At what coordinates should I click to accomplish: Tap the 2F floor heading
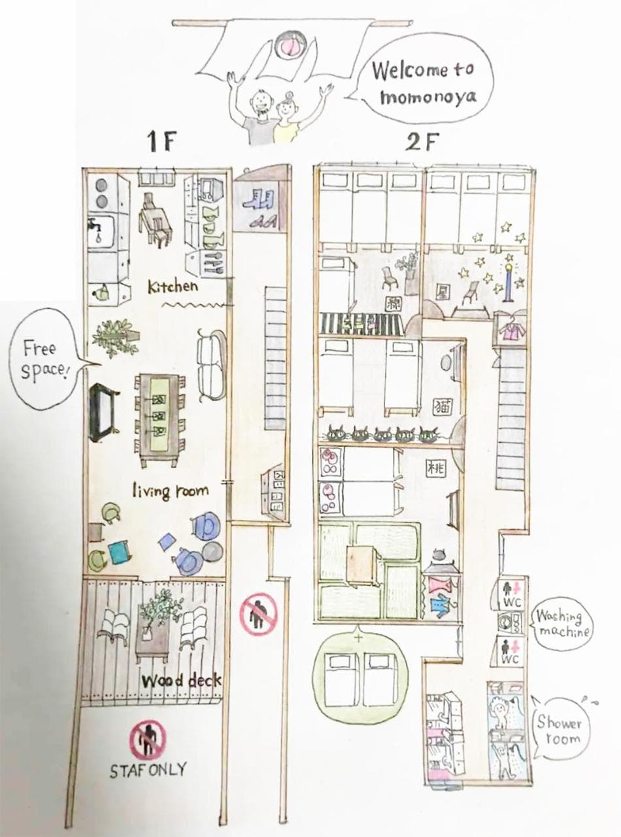(422, 143)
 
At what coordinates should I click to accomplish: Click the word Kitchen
(173, 286)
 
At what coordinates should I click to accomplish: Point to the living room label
(170, 491)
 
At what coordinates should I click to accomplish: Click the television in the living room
(102, 410)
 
